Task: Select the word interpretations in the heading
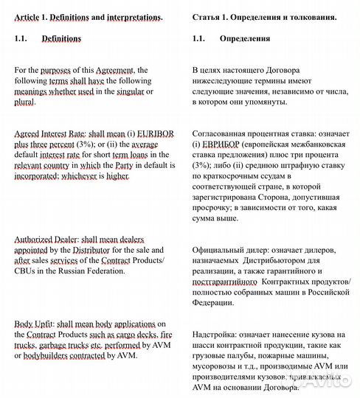point(131,15)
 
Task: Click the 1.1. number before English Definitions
point(23,38)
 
